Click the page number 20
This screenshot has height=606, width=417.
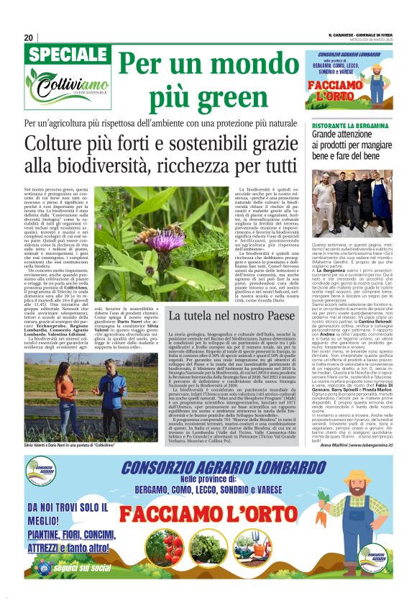pos(29,37)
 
